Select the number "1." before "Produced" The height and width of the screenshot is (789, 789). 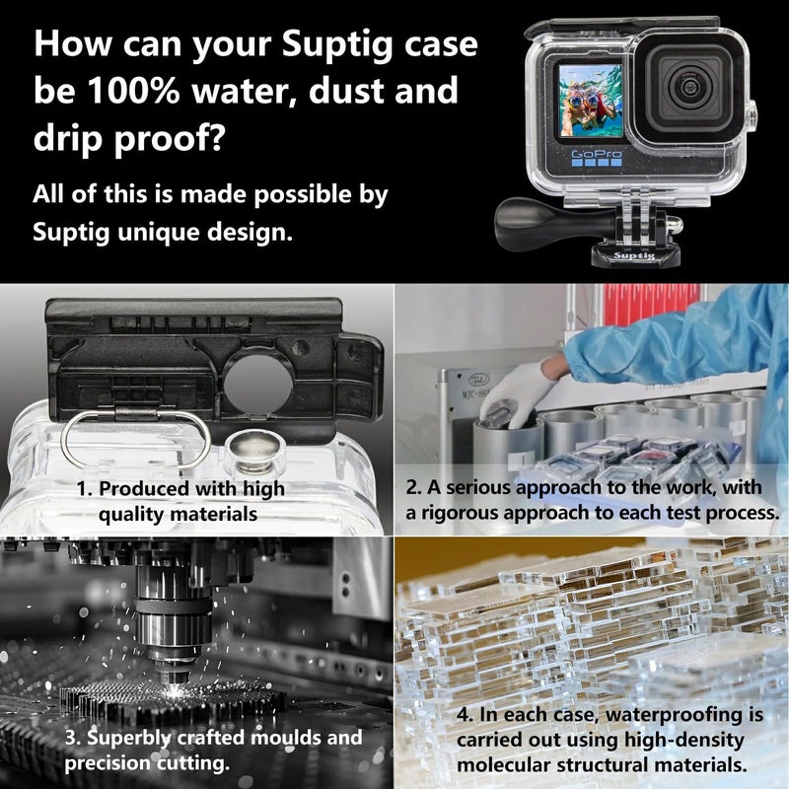[86, 488]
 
